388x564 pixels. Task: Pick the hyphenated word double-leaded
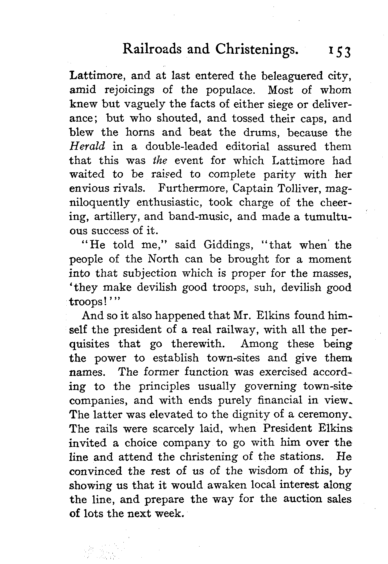[x=181, y=147]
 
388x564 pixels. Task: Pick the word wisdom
[x=273, y=471]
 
